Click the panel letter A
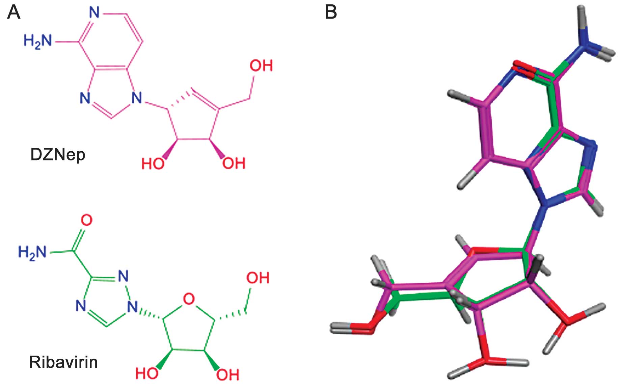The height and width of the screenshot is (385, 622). pos(13,12)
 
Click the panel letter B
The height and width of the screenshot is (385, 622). pos(330,12)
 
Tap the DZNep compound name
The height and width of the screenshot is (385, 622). pos(58,155)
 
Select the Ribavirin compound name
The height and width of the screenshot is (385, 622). pos(63,362)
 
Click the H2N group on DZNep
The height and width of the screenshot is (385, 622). pos(38,42)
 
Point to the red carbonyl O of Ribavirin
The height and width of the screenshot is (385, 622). pos(86,220)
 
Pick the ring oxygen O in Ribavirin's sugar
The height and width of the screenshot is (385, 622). pos(189,299)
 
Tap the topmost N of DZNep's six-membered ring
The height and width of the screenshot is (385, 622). pos(94,13)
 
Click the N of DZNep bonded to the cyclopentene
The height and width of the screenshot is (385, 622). pos(136,98)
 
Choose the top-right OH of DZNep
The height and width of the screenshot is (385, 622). pos(261,66)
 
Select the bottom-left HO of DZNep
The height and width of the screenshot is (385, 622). pos(153,164)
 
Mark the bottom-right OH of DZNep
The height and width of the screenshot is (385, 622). pos(234,163)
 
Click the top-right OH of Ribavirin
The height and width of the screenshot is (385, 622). pos(258,278)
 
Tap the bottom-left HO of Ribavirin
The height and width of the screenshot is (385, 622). pos(146,374)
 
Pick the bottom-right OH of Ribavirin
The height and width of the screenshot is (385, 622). pos(227,375)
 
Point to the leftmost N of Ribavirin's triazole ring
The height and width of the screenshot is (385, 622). pos(81,306)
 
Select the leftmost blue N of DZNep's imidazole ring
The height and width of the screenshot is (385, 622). pos(85,98)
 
